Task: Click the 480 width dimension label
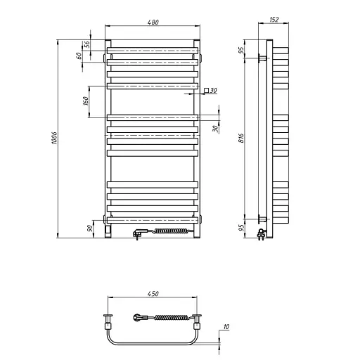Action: coord(153,22)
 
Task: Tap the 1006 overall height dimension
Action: coord(54,138)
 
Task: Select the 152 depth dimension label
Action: coord(274,20)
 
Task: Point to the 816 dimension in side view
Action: coord(241,139)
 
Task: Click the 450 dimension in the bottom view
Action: coord(153,293)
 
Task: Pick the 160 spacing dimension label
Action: coord(86,101)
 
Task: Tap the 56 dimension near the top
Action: coord(87,44)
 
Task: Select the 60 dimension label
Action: coord(79,56)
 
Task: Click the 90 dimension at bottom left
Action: coord(89,228)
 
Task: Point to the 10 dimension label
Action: coord(226,326)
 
